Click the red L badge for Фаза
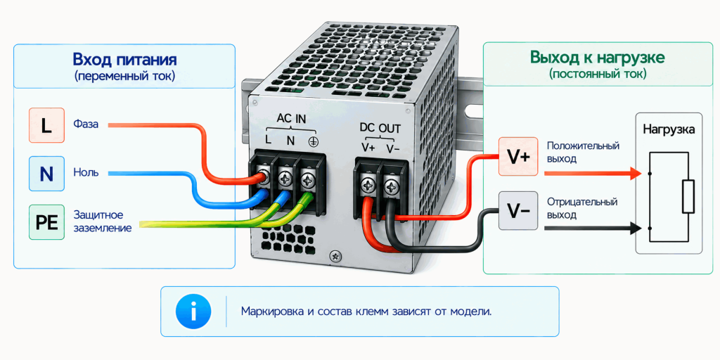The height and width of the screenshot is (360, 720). [46, 125]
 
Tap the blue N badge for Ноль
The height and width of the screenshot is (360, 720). [46, 174]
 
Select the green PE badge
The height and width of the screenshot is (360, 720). [46, 222]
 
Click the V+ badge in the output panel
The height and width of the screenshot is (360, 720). [518, 157]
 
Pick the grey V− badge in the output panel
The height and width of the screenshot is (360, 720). [518, 211]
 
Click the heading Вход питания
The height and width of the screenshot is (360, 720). [124, 60]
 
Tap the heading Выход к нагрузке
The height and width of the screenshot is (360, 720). [598, 58]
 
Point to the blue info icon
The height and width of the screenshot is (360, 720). [193, 311]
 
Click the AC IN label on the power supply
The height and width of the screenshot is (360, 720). [291, 119]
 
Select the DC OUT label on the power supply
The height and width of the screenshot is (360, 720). [380, 128]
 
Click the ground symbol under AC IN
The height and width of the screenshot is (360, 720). [313, 141]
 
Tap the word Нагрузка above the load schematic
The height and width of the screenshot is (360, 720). [669, 129]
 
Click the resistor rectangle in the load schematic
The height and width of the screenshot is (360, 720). [688, 197]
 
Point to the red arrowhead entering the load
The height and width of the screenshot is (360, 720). [636, 174]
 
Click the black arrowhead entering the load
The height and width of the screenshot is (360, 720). [636, 227]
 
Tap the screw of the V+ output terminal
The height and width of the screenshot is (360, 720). [369, 186]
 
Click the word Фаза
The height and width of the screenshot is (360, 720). [86, 124]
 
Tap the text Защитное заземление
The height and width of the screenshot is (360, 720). [103, 221]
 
